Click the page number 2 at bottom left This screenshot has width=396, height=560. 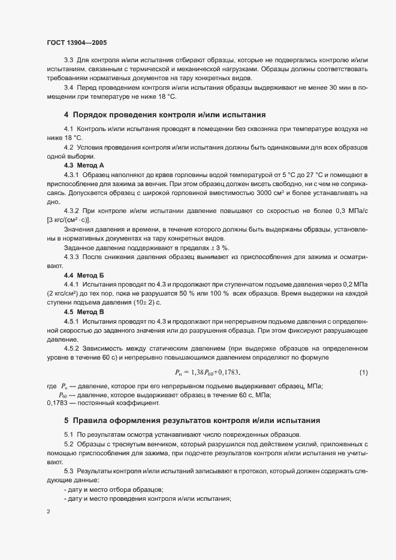[48, 512]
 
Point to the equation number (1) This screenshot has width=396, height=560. [362, 373]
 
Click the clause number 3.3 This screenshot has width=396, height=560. [68, 60]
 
